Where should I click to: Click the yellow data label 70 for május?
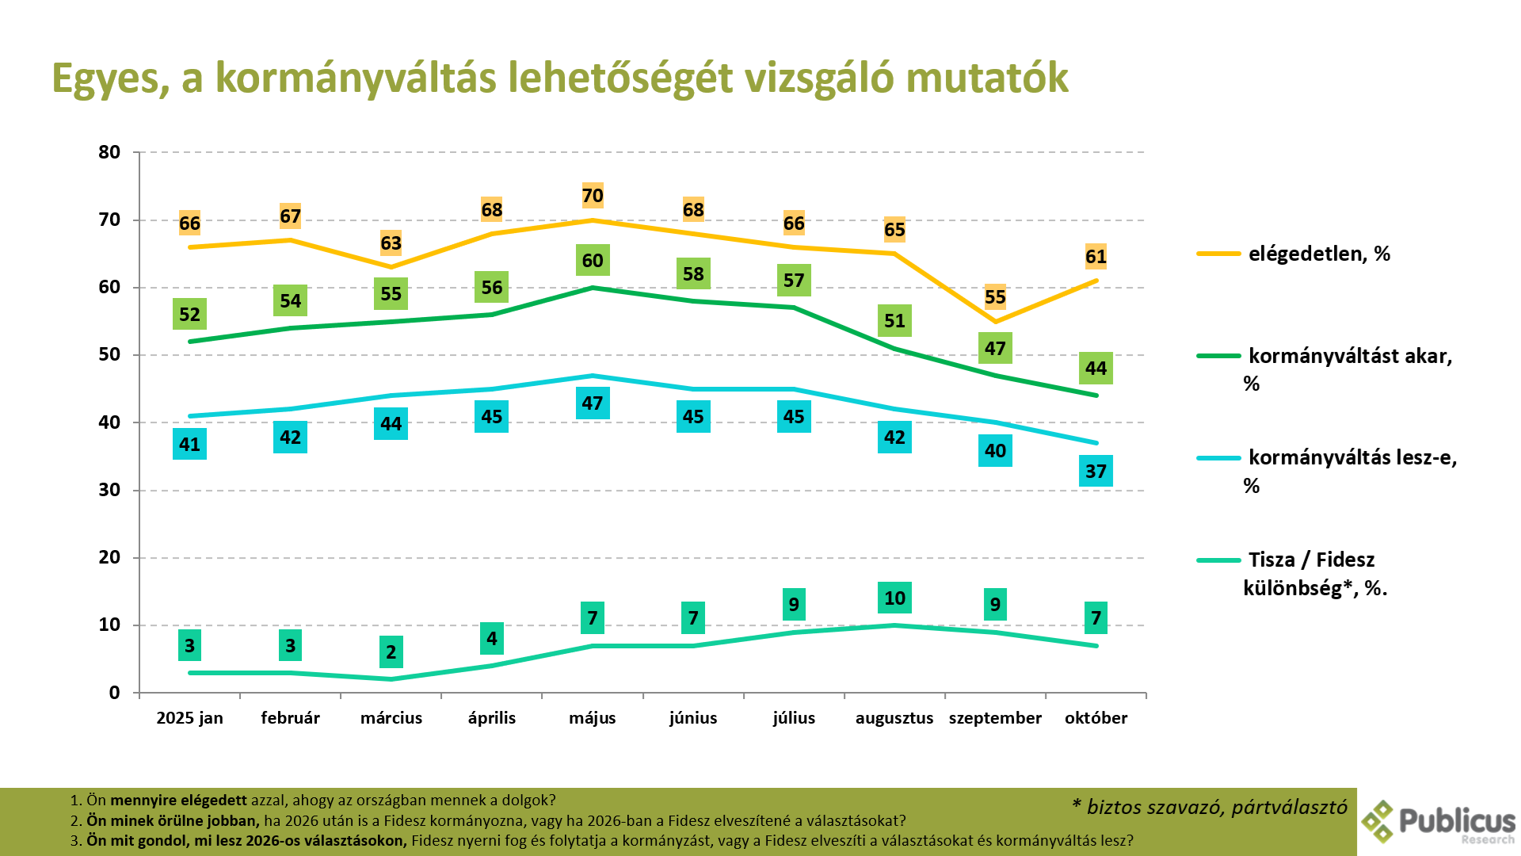(593, 196)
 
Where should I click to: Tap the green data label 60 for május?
(593, 261)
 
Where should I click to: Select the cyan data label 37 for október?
(1096, 472)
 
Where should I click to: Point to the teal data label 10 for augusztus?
(894, 598)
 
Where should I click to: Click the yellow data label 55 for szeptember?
(995, 297)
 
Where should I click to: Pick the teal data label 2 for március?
(391, 652)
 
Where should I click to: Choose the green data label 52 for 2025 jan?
(189, 315)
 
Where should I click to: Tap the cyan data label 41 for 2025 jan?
(189, 445)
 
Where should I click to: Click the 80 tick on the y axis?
(109, 152)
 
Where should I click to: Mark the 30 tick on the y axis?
(109, 490)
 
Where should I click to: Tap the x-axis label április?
(491, 718)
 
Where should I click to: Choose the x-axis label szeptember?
(995, 718)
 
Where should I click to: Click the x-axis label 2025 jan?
(189, 718)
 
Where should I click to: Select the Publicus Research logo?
(1439, 822)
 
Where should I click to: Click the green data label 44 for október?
(1096, 369)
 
